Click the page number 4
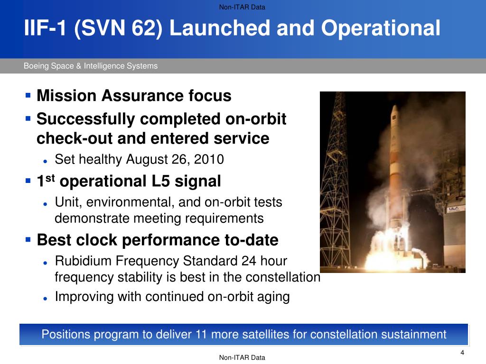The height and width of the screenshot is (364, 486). point(462,353)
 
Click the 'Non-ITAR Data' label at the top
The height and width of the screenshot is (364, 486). point(242,7)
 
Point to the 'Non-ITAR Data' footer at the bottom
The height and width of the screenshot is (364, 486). point(242,357)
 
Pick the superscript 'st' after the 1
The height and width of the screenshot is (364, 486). point(50,178)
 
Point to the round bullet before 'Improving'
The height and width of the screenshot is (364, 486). point(46,299)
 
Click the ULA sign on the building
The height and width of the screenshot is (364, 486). point(453,209)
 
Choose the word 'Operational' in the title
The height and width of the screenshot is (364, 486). point(381,28)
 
